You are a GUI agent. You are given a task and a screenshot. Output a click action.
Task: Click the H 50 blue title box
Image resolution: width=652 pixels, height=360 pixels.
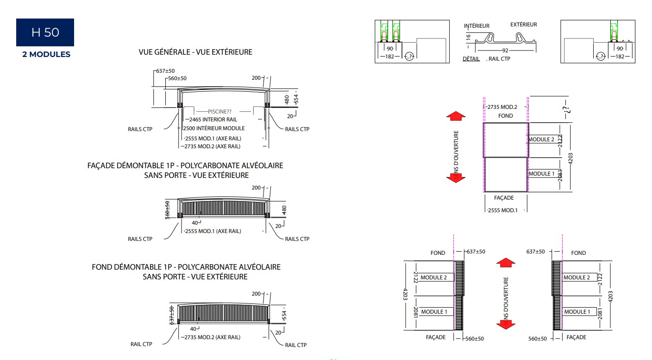(45, 32)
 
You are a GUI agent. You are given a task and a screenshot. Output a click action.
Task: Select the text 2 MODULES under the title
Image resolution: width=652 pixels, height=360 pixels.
(46, 55)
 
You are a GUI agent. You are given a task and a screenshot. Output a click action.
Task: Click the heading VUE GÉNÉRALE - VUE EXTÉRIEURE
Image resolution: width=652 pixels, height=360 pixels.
(195, 52)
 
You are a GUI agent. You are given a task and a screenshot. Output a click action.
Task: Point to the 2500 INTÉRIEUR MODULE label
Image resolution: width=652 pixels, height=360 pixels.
(214, 128)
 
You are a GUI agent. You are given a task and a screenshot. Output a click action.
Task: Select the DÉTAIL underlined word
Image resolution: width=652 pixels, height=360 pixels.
(471, 59)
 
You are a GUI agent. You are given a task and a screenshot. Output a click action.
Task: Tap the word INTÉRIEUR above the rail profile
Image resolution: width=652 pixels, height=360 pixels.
(476, 26)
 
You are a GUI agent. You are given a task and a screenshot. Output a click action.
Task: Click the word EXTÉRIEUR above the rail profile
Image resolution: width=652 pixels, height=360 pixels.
(523, 25)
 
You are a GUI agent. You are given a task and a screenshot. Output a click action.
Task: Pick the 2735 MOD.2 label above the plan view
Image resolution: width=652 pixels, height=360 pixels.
(502, 107)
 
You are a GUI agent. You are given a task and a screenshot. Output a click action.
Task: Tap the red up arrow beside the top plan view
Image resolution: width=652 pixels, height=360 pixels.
(456, 116)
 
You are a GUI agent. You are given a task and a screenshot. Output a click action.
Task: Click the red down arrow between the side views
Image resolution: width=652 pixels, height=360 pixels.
(506, 324)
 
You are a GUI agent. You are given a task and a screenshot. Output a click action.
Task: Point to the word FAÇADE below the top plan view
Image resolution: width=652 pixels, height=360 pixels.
(504, 198)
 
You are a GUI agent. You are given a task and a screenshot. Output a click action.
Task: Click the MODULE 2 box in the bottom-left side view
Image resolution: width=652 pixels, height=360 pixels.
(433, 278)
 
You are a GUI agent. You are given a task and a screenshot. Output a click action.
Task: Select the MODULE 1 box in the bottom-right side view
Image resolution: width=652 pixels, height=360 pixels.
(577, 312)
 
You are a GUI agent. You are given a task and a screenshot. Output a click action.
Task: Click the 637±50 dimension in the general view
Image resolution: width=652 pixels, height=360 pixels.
(165, 71)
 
